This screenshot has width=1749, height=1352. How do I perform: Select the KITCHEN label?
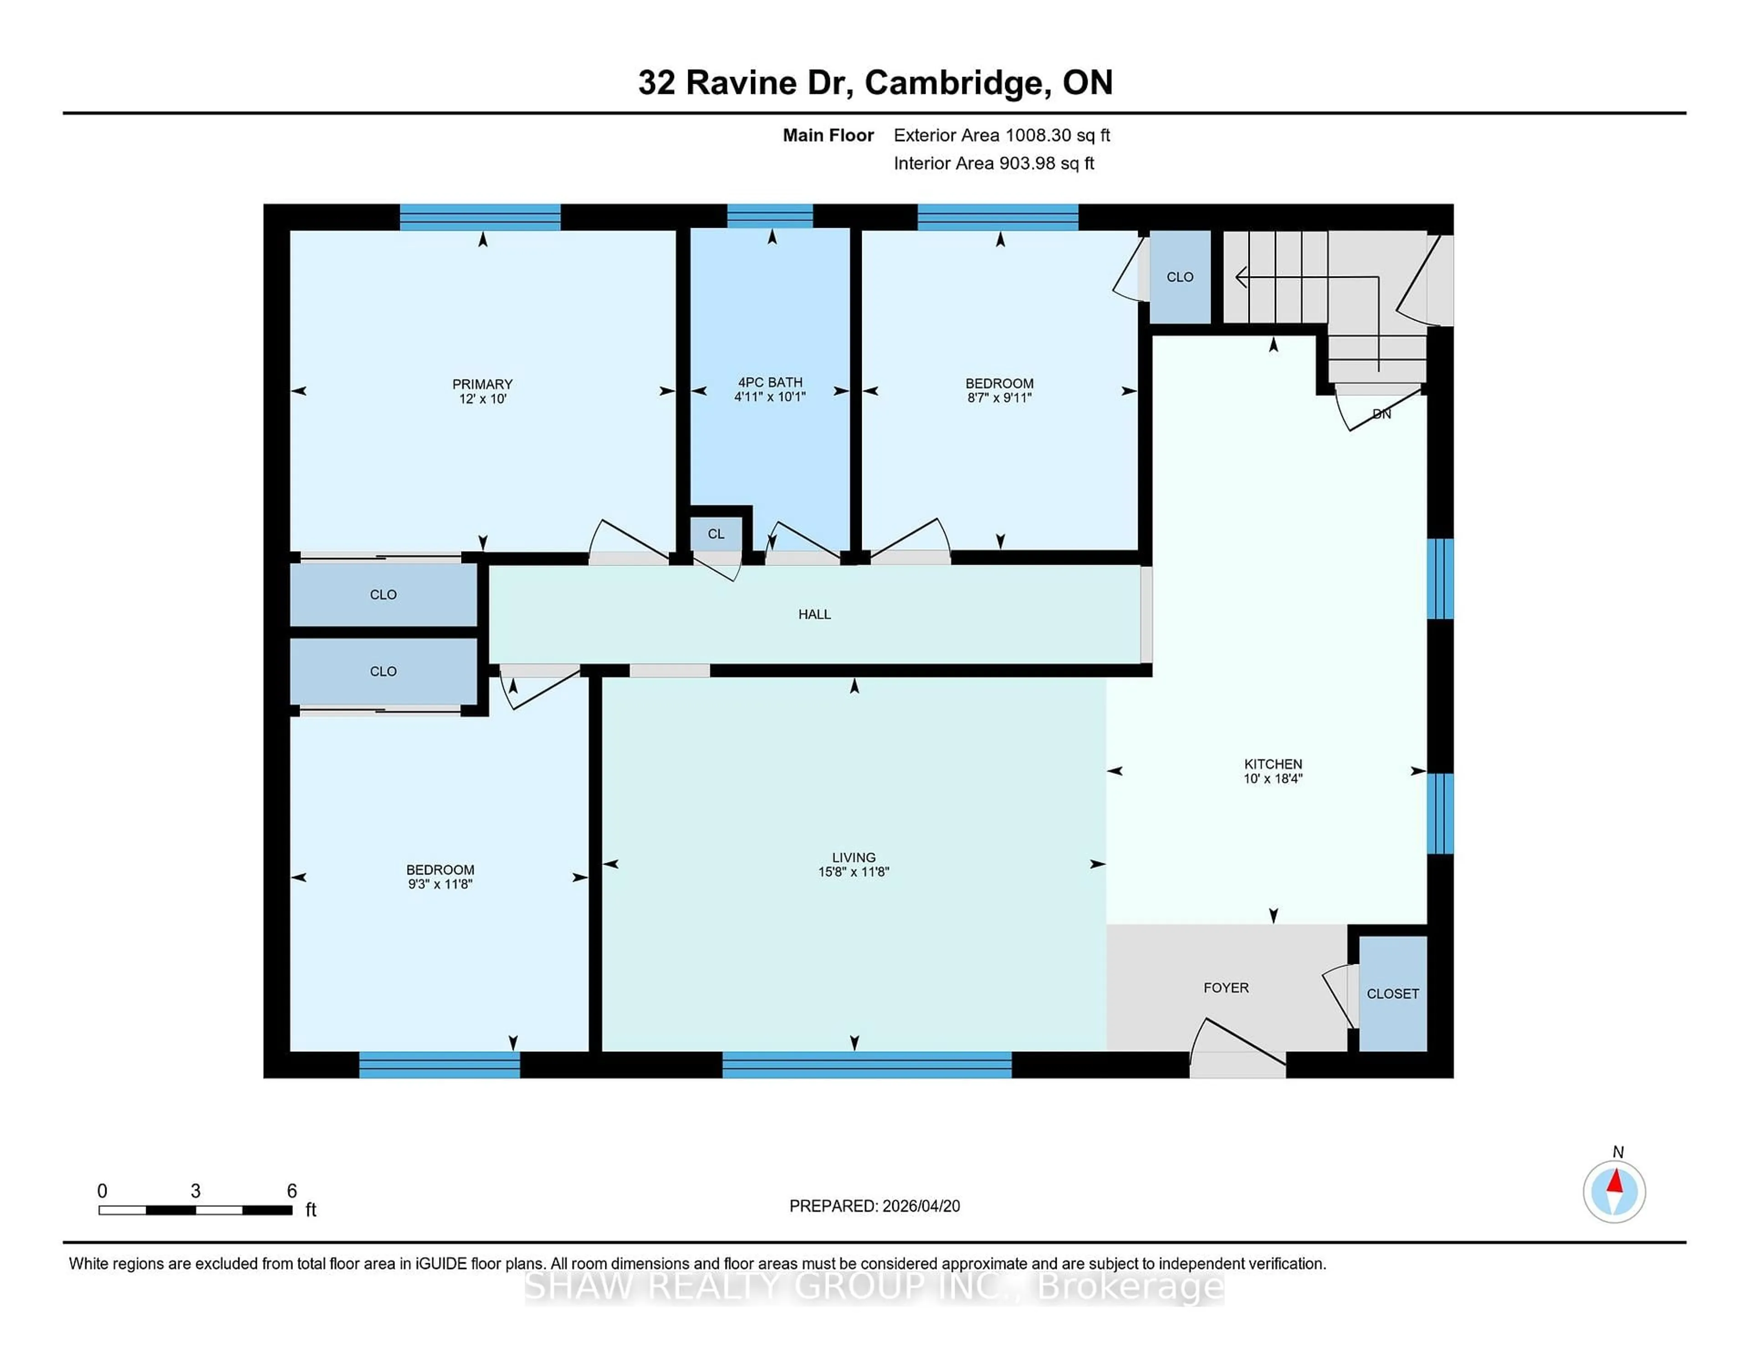1273,763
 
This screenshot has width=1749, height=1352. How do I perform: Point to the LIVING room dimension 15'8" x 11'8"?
853,871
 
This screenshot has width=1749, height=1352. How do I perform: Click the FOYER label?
1225,988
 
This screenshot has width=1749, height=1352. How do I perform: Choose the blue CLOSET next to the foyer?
1393,993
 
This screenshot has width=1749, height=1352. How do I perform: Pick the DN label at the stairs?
1381,414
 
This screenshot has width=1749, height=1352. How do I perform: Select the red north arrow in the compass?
1615,1182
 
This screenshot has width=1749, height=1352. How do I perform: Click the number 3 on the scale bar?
195,1191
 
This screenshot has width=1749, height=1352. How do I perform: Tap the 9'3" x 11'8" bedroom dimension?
440,884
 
